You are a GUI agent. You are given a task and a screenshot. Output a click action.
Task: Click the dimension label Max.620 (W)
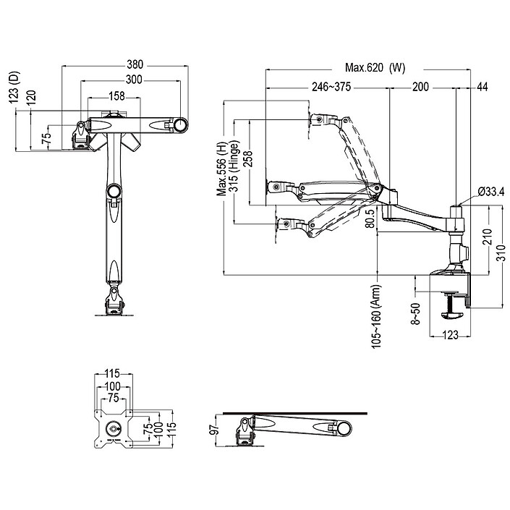pyautogui.click(x=374, y=68)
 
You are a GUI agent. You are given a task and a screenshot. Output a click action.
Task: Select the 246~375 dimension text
pyautogui.click(x=331, y=87)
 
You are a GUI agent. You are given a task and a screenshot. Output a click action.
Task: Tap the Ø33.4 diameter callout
pyautogui.click(x=491, y=192)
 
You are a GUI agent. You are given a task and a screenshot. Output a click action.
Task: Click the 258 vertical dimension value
pyautogui.click(x=247, y=158)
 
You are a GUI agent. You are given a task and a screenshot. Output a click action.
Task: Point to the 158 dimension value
pyautogui.click(x=116, y=94)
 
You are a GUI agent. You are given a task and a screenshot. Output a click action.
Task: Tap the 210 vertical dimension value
pyautogui.click(x=487, y=237)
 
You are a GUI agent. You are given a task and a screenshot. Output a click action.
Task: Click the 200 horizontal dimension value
pyautogui.click(x=420, y=87)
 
